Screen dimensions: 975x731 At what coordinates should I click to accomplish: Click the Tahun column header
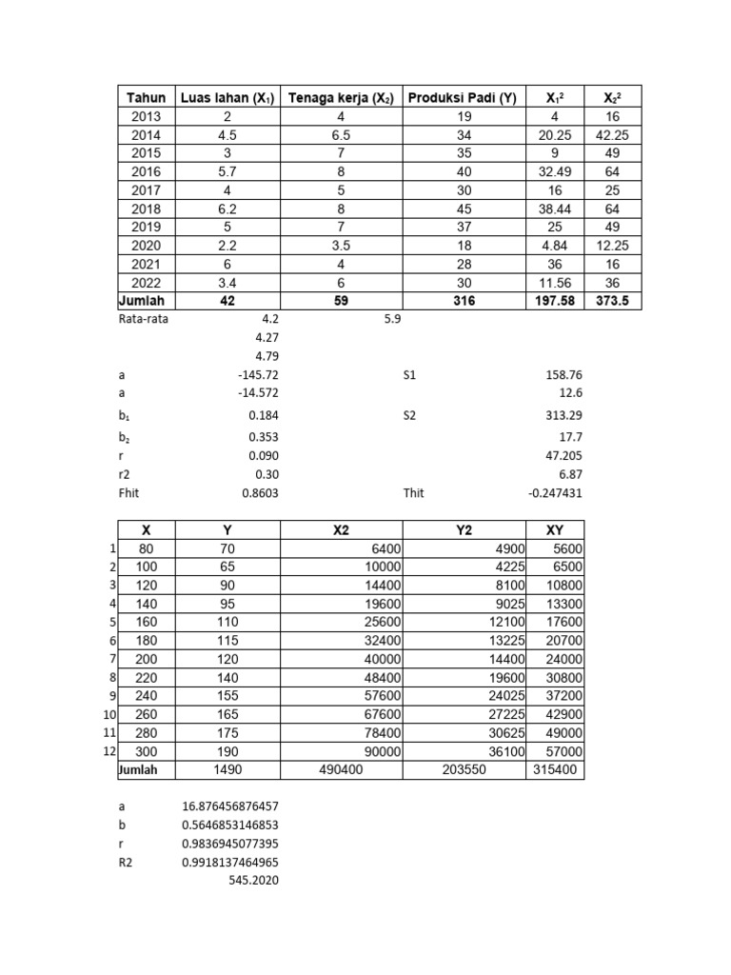(146, 98)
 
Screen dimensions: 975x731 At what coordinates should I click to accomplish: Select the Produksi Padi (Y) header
(464, 98)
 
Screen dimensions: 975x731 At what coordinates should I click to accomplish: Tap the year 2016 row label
(146, 172)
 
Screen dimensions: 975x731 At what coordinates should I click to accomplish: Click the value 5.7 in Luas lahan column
(227, 172)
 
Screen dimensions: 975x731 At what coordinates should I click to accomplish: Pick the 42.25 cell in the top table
(612, 135)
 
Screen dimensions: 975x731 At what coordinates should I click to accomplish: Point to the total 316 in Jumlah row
(464, 301)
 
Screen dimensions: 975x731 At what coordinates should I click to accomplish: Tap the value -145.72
(260, 375)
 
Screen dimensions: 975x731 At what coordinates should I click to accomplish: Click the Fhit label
(129, 493)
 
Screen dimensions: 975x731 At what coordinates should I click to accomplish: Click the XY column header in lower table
(555, 530)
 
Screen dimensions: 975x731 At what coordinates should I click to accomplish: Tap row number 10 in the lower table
(109, 714)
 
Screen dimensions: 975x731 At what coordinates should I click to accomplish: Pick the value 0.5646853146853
(230, 825)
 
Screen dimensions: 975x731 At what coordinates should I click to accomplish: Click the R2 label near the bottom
(127, 862)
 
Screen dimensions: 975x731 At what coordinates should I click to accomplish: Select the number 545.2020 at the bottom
(254, 881)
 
